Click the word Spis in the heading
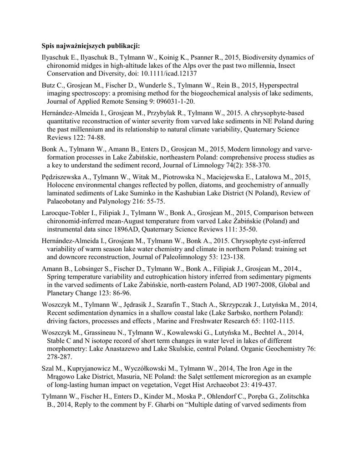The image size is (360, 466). (48, 46)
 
